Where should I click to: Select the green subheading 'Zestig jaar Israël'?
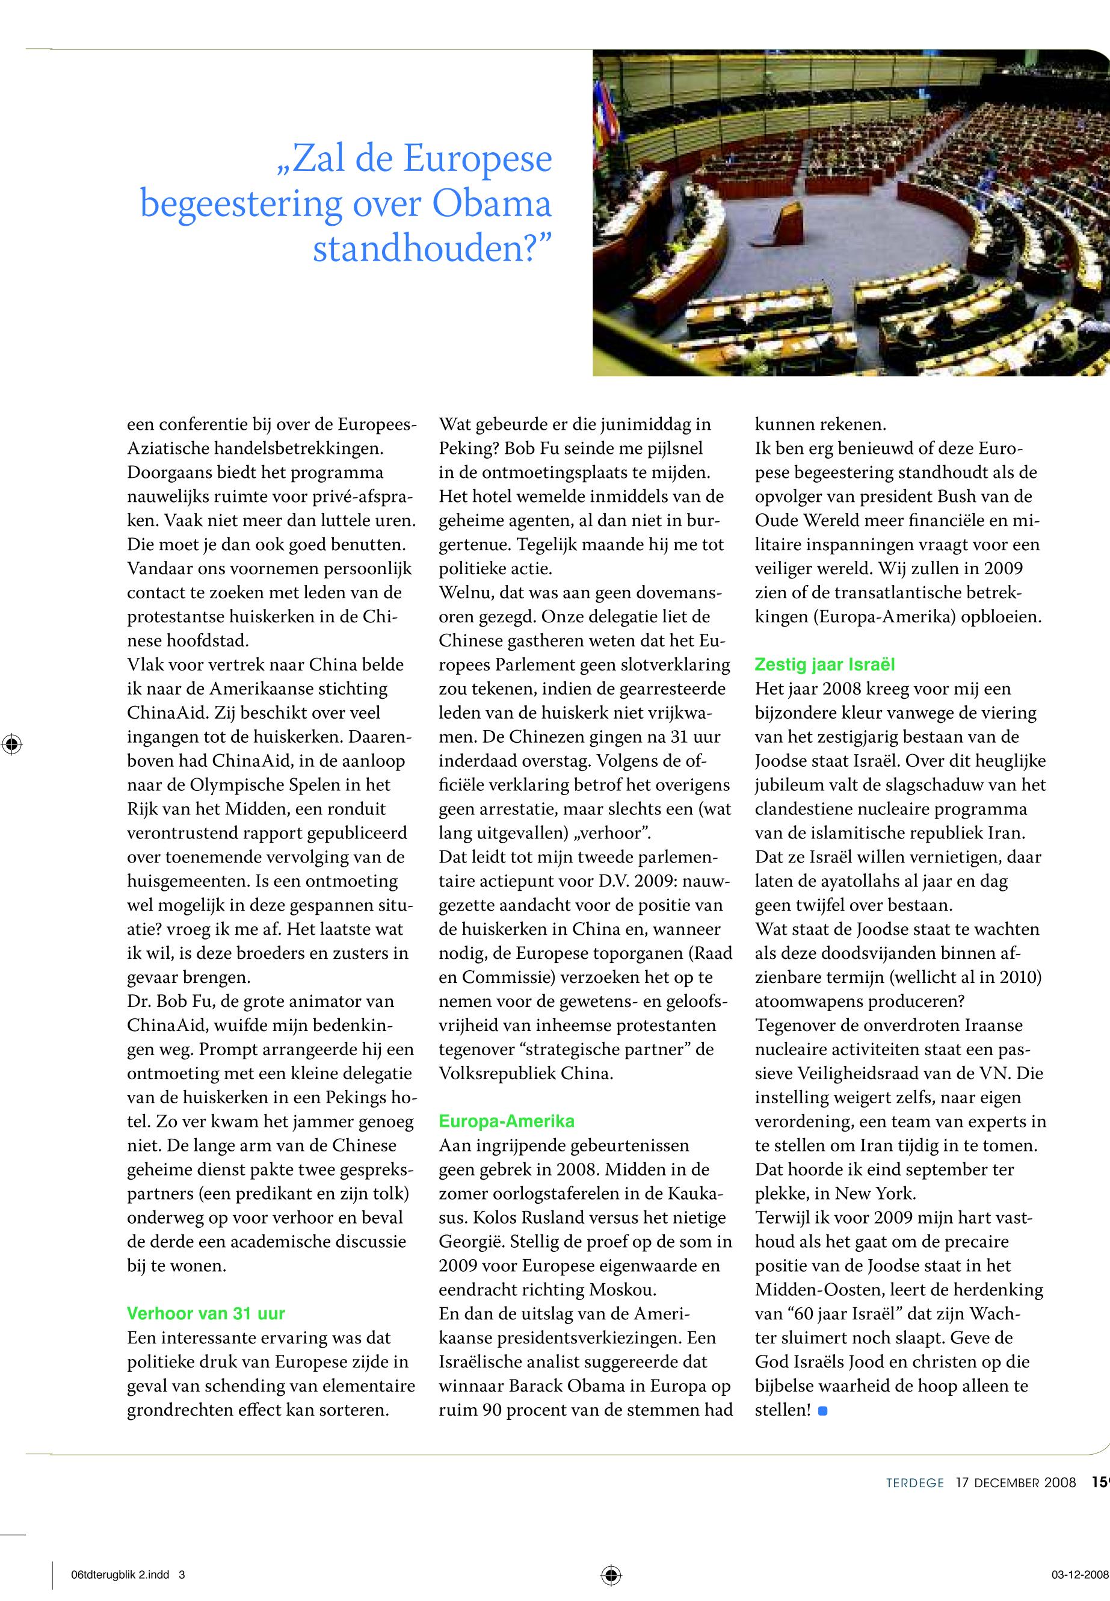(824, 664)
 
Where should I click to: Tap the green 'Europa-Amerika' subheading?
(507, 1121)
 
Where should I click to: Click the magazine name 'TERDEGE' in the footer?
(914, 1482)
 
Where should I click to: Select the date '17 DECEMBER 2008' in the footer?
(1016, 1482)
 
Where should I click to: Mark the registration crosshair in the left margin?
(12, 744)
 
